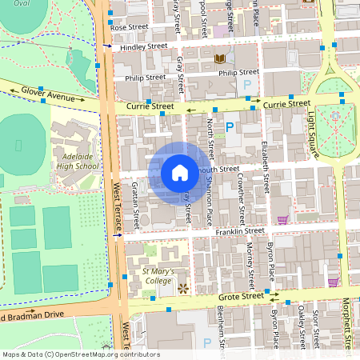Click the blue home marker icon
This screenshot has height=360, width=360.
(179, 172)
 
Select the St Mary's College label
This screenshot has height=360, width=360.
(158, 276)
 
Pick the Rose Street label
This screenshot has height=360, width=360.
(130, 27)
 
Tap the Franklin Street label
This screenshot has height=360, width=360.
(239, 231)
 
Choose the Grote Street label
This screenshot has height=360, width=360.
(241, 296)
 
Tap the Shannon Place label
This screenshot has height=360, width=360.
(210, 200)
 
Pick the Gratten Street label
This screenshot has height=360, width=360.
(136, 205)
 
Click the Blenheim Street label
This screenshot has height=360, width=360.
(221, 328)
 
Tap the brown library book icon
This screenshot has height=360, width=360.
(219, 58)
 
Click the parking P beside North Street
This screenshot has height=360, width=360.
(230, 126)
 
